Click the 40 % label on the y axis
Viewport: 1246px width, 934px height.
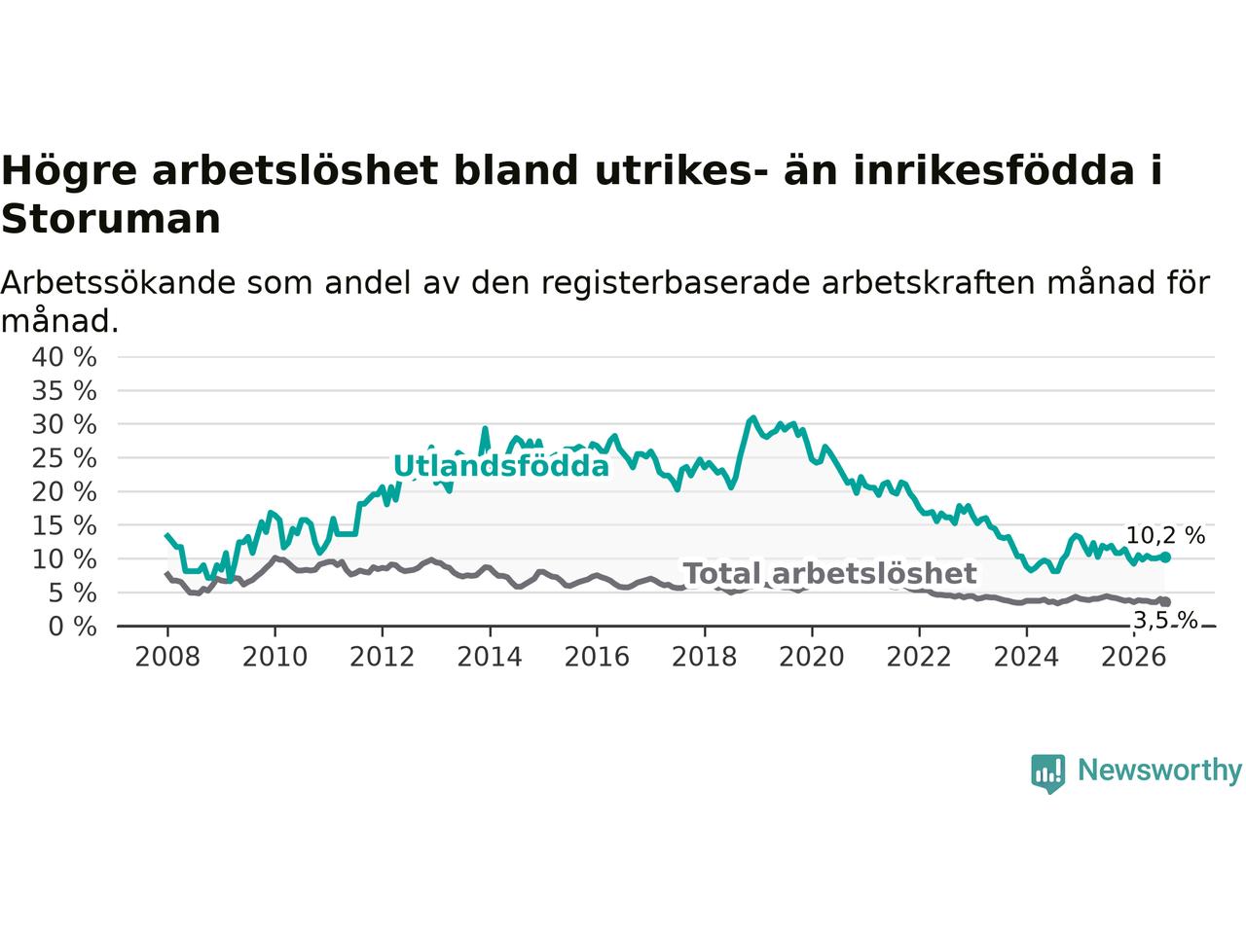pyautogui.click(x=64, y=357)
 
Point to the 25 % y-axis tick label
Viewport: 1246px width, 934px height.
pyautogui.click(x=64, y=458)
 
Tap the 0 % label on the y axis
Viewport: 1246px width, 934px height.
pyautogui.click(x=73, y=627)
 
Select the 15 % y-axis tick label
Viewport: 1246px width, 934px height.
pyautogui.click(x=64, y=525)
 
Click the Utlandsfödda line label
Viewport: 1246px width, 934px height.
pyautogui.click(x=501, y=466)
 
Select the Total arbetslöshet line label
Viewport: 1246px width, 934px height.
pyautogui.click(x=830, y=573)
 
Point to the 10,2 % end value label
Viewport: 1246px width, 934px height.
pyautogui.click(x=1165, y=535)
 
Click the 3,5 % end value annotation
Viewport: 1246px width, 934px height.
pyautogui.click(x=1166, y=621)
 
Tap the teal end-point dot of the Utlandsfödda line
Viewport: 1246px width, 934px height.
pyautogui.click(x=1165, y=557)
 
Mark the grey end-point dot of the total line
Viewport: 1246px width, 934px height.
pyautogui.click(x=1165, y=602)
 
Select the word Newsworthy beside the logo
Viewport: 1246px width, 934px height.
pyautogui.click(x=1159, y=771)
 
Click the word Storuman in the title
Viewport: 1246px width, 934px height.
pyautogui.click(x=111, y=220)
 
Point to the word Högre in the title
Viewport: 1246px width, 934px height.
pyautogui.click(x=69, y=170)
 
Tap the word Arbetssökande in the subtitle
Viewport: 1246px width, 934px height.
pyautogui.click(x=118, y=283)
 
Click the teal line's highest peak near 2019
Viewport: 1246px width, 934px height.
pyautogui.click(x=753, y=417)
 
